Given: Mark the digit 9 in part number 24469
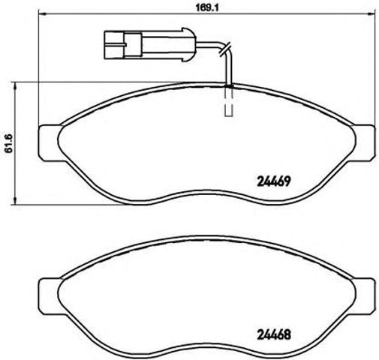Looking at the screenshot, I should [287, 180].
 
